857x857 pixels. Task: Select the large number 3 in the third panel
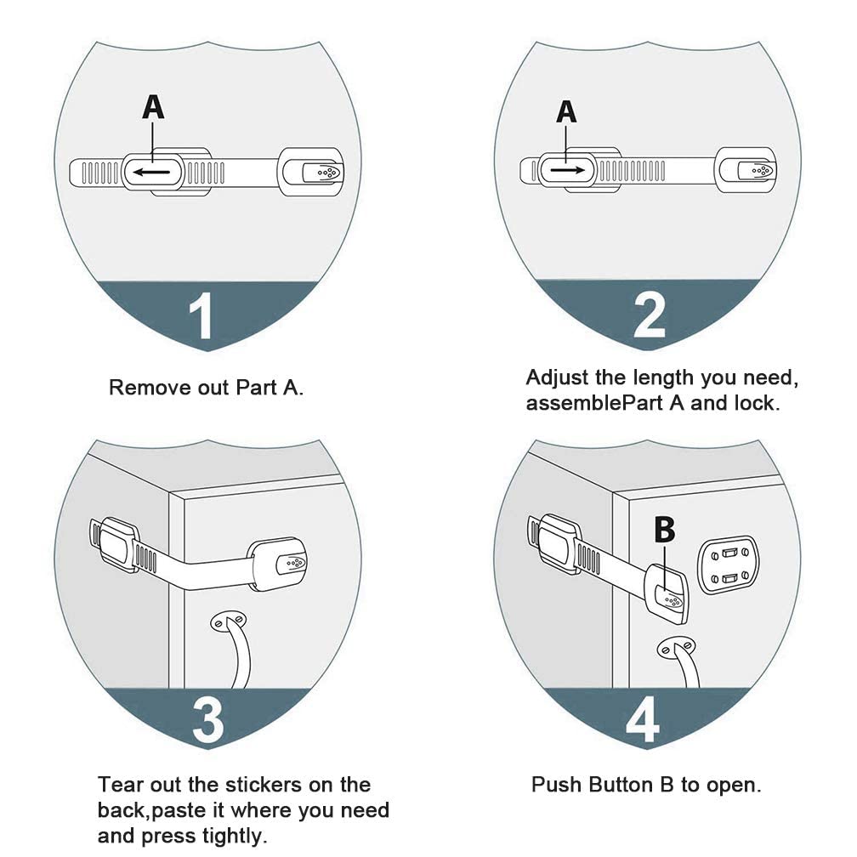pyautogui.click(x=207, y=719)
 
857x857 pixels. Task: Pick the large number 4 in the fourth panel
pyautogui.click(x=642, y=719)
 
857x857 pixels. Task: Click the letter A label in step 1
pyautogui.click(x=152, y=107)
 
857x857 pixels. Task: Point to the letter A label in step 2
pyautogui.click(x=566, y=111)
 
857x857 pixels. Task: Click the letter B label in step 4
pyautogui.click(x=665, y=530)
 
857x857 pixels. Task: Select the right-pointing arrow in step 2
pyautogui.click(x=566, y=170)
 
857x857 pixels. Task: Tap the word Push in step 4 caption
pyautogui.click(x=553, y=784)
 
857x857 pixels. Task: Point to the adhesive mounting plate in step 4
pyautogui.click(x=728, y=564)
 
